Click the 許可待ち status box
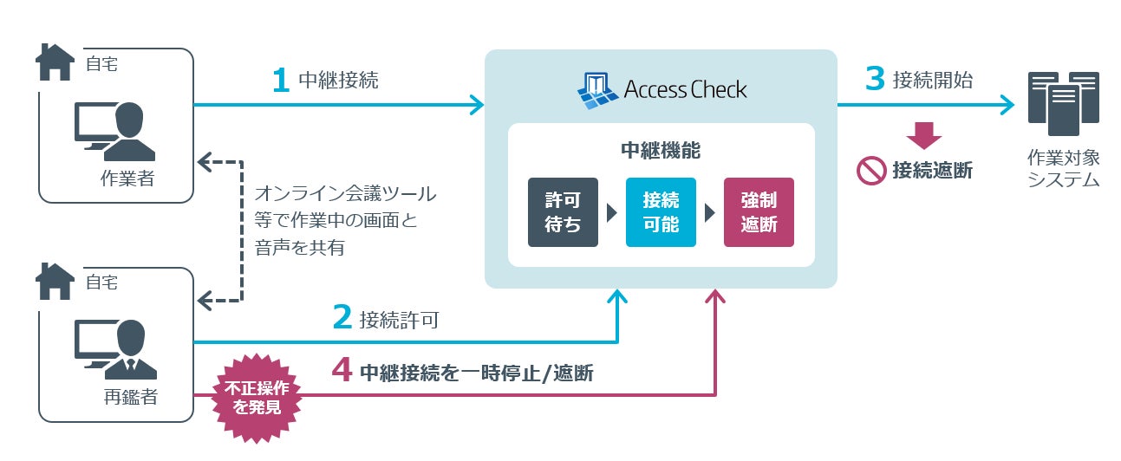563,212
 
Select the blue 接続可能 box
662,212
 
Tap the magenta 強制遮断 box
759,212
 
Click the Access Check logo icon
597,90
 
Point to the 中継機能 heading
661,151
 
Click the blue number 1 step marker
281,80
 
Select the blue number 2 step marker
342,317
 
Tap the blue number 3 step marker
875,78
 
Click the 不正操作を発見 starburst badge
257,399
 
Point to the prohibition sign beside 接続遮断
871,171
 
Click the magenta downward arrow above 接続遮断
924,135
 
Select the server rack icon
1064,103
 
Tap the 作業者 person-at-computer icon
114,132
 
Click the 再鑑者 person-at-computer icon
115,349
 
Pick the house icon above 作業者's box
55,62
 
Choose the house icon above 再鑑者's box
55,281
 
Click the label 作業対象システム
1064,168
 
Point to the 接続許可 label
399,320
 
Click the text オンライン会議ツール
345,193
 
